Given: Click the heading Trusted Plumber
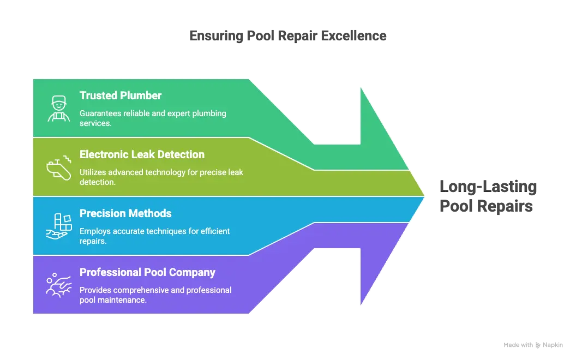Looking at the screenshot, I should pos(121,95).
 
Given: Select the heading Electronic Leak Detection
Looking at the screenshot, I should pos(142,154).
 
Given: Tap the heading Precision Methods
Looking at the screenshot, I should pos(125,213).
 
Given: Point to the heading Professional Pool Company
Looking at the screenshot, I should pos(147,272).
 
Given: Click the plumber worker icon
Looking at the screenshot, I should pos(58,108).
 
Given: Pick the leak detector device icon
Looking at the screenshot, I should pos(58,167).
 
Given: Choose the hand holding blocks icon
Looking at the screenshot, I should pos(58,226).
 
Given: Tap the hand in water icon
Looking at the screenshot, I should pos(58,285).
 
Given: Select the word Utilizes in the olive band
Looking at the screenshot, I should pos(93,172).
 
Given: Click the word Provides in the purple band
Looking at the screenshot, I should pos(96,290).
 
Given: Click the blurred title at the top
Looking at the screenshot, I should pos(287,36).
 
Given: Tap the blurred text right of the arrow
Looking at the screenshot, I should pos(487,196).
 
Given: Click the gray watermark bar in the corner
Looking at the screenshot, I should pos(532,345).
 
